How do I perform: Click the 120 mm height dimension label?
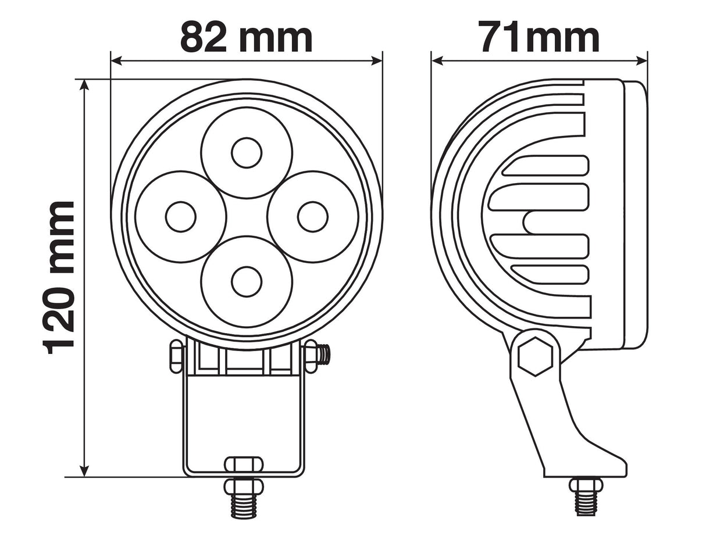pos(59,277)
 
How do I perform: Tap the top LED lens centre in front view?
pos(247,153)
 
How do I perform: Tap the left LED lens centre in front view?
pos(180,217)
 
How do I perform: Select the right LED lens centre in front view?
pos(312,217)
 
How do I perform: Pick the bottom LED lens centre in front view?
pos(247,281)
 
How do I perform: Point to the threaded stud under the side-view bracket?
pos(586,501)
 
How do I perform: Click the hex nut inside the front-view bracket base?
pos(244,464)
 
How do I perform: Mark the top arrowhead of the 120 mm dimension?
pos(84,85)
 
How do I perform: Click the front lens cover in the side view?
pos(635,215)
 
